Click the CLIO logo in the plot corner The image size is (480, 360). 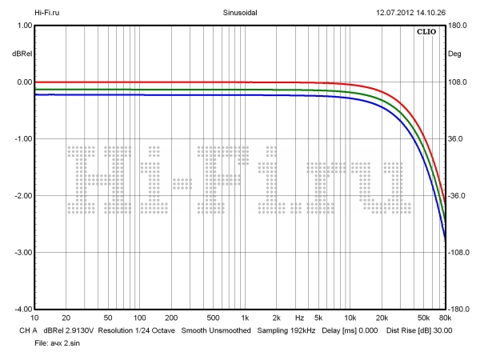[x=427, y=34]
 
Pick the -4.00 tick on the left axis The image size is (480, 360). [x=22, y=309]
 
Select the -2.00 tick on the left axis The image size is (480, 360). [x=22, y=196]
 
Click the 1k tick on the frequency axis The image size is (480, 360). [x=245, y=318]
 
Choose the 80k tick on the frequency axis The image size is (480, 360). [x=445, y=318]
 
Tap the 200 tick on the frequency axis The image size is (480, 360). [x=171, y=318]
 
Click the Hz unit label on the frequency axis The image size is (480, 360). [x=299, y=318]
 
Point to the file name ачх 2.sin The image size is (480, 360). [x=67, y=342]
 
